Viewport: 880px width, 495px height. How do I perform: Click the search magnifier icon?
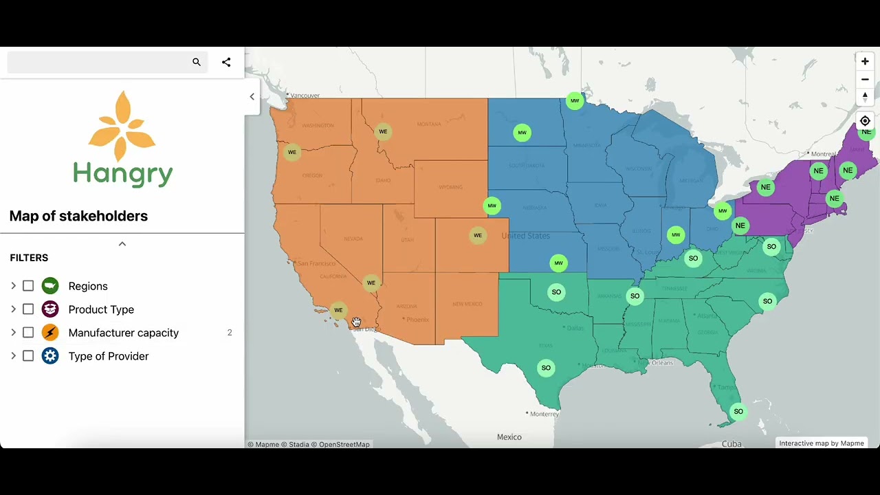197,63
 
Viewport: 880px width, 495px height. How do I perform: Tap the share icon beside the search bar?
226,63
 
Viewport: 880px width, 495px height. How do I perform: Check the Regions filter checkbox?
28,286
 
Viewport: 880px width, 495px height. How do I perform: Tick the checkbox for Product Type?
28,309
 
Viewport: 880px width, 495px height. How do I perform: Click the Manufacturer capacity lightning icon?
50,333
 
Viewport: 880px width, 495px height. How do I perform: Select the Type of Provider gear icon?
50,356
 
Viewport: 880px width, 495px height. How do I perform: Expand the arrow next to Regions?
13,286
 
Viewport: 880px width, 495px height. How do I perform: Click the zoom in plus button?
865,61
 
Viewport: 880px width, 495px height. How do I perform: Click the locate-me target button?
865,121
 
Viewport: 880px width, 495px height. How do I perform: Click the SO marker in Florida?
738,412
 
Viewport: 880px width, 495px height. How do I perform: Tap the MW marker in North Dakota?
522,133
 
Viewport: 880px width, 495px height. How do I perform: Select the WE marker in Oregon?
292,153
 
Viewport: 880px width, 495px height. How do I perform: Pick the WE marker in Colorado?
478,236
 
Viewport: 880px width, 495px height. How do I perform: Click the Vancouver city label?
305,96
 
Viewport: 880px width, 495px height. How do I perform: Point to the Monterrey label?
544,414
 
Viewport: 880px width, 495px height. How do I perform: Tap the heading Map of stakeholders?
78,216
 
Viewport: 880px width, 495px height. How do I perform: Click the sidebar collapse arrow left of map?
252,97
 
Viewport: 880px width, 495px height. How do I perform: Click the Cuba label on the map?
731,444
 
